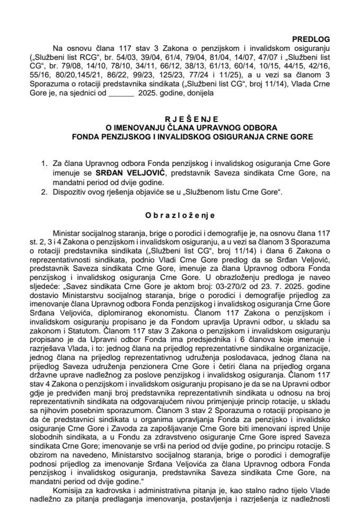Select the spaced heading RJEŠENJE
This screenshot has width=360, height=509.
[180, 120]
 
